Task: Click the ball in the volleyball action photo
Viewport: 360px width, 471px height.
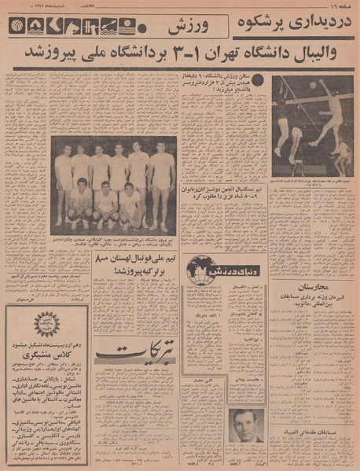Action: tap(313, 84)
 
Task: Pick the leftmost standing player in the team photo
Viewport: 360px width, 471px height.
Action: tap(63, 175)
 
